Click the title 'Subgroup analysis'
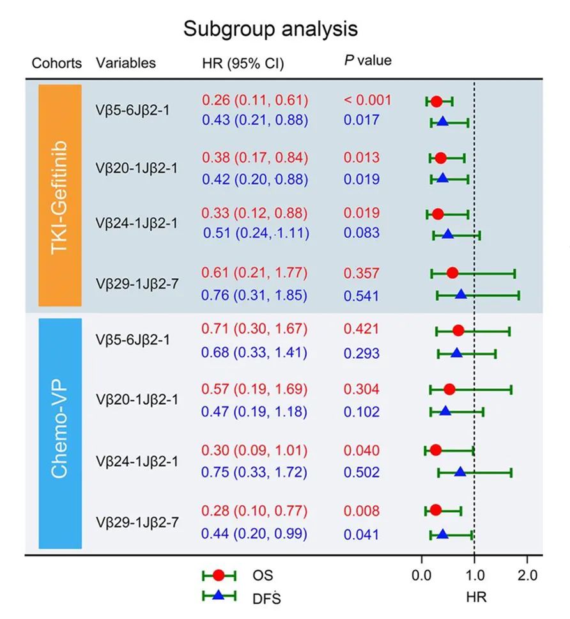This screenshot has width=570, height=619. point(270,29)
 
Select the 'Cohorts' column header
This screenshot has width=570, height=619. point(57,63)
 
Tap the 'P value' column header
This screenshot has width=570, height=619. point(367,61)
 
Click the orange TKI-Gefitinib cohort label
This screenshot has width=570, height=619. point(60,195)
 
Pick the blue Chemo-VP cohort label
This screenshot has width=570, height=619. point(60,433)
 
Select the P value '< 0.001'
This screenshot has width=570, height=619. point(367,100)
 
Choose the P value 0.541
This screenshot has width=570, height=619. point(361,296)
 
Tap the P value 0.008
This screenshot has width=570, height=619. point(361,511)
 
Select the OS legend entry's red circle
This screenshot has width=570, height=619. point(219,575)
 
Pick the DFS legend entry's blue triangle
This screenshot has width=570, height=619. point(219,596)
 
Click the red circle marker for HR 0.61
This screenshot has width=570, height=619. point(452,274)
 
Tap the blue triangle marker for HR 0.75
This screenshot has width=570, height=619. point(460,473)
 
